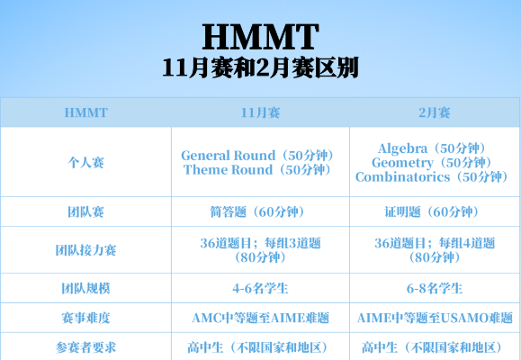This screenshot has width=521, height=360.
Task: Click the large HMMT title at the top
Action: pyautogui.click(x=260, y=36)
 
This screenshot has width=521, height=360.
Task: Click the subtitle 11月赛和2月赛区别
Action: pyautogui.click(x=260, y=68)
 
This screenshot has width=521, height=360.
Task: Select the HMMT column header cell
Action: pyautogui.click(x=86, y=113)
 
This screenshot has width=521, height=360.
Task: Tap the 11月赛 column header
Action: pyautogui.click(x=260, y=113)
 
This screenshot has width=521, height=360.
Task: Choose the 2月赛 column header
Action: pyautogui.click(x=435, y=113)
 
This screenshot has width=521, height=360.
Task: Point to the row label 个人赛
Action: pyautogui.click(x=86, y=163)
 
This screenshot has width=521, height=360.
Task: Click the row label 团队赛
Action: pyautogui.click(x=86, y=212)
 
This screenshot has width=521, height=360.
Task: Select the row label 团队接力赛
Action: pyautogui.click(x=86, y=250)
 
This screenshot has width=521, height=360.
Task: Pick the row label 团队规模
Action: pyautogui.click(x=86, y=289)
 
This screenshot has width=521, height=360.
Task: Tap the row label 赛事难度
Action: pyautogui.click(x=86, y=319)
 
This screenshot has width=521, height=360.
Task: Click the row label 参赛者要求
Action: pyautogui.click(x=86, y=347)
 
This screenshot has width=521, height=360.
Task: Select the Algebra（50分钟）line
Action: pyautogui.click(x=432, y=148)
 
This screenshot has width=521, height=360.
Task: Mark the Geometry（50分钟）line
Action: pyautogui.click(x=432, y=162)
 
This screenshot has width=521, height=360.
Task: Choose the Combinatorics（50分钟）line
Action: pyautogui.click(x=432, y=177)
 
